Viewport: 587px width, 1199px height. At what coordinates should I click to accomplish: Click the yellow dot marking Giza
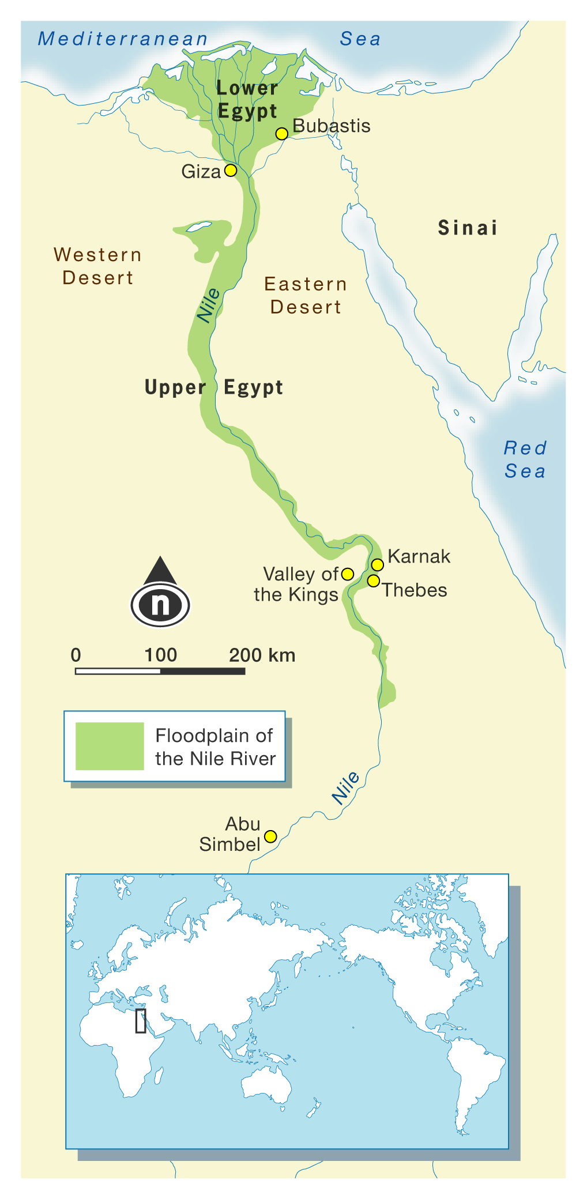pos(231,171)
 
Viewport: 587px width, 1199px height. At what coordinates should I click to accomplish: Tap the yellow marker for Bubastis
pos(281,134)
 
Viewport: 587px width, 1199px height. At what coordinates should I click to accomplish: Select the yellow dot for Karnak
pos(377,564)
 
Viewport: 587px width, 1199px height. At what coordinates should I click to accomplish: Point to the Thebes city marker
pos(374,580)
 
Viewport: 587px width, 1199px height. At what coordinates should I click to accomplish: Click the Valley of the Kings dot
pos(347,574)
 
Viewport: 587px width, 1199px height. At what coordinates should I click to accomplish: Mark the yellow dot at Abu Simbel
pos(270,836)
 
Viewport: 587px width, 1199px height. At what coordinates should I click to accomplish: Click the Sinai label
pos(468,228)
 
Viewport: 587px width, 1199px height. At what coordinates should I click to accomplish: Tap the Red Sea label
pos(525,460)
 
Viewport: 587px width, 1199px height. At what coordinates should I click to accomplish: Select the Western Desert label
pos(97,266)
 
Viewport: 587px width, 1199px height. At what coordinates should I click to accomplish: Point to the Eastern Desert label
pos(306,296)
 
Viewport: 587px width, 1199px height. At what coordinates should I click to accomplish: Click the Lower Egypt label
pos(247,100)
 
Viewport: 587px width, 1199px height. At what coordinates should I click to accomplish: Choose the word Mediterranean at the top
pos(123,39)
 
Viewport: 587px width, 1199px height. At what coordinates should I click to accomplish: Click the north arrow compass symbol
pos(160,594)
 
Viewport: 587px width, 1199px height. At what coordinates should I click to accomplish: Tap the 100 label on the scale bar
pos(160,655)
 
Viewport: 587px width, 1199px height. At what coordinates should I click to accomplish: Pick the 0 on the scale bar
pos(76,655)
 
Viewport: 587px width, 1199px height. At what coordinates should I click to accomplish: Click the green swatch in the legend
pos(110,746)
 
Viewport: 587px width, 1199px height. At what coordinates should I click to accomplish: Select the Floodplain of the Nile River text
pos(215,747)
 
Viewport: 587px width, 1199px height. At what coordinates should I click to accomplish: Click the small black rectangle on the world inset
pos(141,1020)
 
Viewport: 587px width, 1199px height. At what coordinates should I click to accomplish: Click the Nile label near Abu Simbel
pos(346,788)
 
